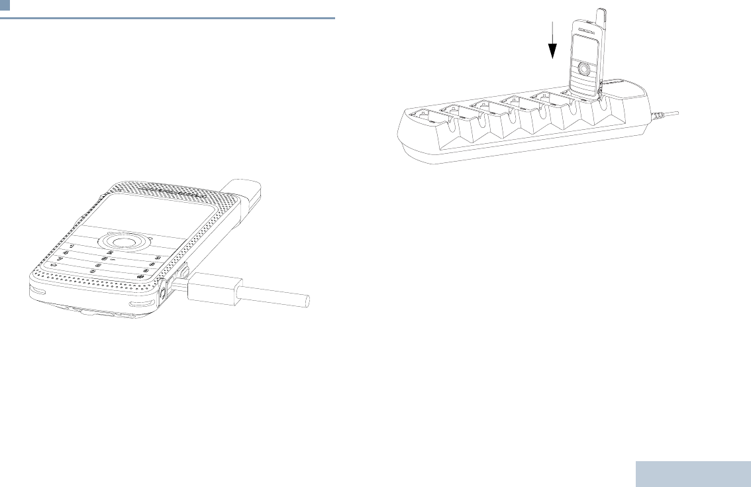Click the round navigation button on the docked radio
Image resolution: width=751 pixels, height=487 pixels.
[x=583, y=68]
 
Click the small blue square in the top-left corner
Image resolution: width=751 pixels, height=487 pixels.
[x=5, y=5]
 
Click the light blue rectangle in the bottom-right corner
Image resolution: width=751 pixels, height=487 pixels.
[x=693, y=474]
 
